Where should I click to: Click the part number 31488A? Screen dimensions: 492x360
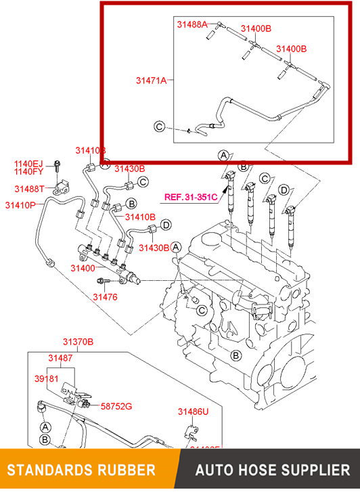pyautogui.click(x=192, y=24)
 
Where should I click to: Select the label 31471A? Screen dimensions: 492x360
pyautogui.click(x=152, y=80)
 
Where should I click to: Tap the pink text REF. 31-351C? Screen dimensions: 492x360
pyautogui.click(x=190, y=198)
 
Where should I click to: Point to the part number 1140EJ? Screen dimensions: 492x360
pyautogui.click(x=29, y=164)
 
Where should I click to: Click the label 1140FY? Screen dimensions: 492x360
pyautogui.click(x=29, y=173)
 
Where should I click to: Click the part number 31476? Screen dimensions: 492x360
pyautogui.click(x=105, y=296)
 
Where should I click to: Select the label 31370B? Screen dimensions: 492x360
pyautogui.click(x=78, y=342)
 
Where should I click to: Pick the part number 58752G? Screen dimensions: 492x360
pyautogui.click(x=116, y=406)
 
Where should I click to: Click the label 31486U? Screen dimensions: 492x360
pyautogui.click(x=194, y=411)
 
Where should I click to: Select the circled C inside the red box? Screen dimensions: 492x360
pyautogui.click(x=160, y=127)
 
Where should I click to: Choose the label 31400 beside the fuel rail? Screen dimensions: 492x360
pyautogui.click(x=83, y=269)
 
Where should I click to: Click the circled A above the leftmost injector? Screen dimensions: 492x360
pyautogui.click(x=223, y=156)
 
